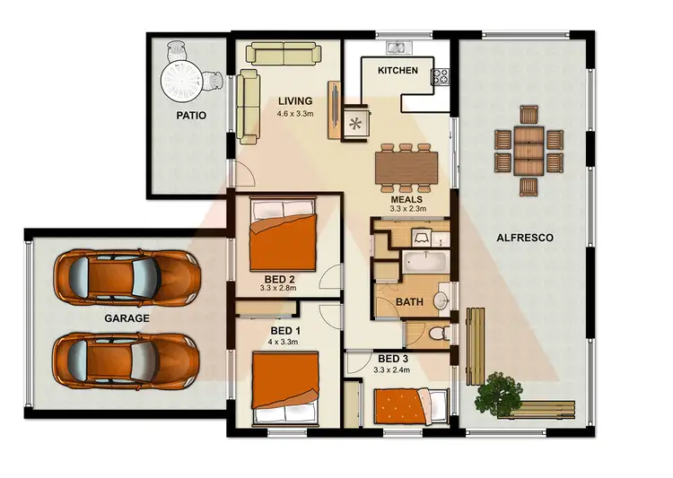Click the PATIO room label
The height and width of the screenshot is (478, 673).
pyautogui.click(x=191, y=115)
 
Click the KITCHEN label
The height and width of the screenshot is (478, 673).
pyautogui.click(x=398, y=70)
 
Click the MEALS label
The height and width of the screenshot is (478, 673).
pyautogui.click(x=406, y=199)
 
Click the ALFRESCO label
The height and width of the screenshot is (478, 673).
pyautogui.click(x=524, y=238)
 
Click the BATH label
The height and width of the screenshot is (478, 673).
pyautogui.click(x=409, y=302)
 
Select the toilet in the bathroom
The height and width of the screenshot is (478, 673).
pyautogui.click(x=438, y=333)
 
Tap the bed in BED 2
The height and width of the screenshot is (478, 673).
pyautogui.click(x=283, y=232)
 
